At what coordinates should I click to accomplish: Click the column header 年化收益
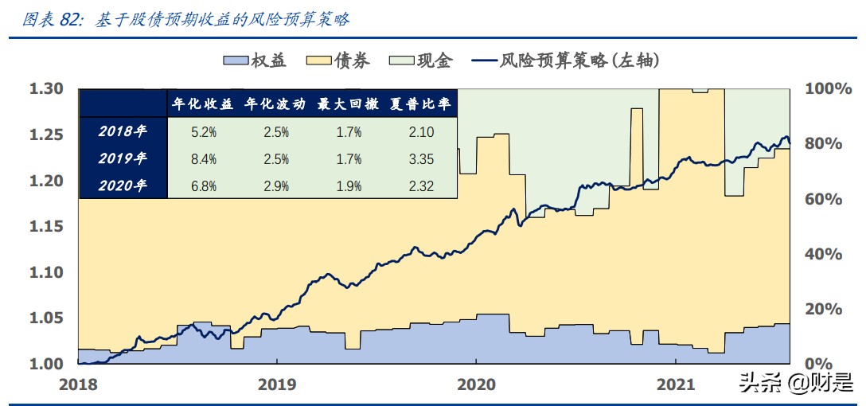tap(202, 104)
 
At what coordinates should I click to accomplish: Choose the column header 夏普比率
tap(420, 104)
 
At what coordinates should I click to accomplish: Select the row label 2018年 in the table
tap(123, 132)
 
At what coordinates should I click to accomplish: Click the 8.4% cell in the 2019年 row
tap(203, 159)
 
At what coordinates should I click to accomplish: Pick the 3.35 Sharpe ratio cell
tap(420, 159)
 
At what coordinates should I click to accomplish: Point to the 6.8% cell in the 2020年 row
tap(203, 186)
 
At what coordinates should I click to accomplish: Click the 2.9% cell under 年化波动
tap(275, 186)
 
